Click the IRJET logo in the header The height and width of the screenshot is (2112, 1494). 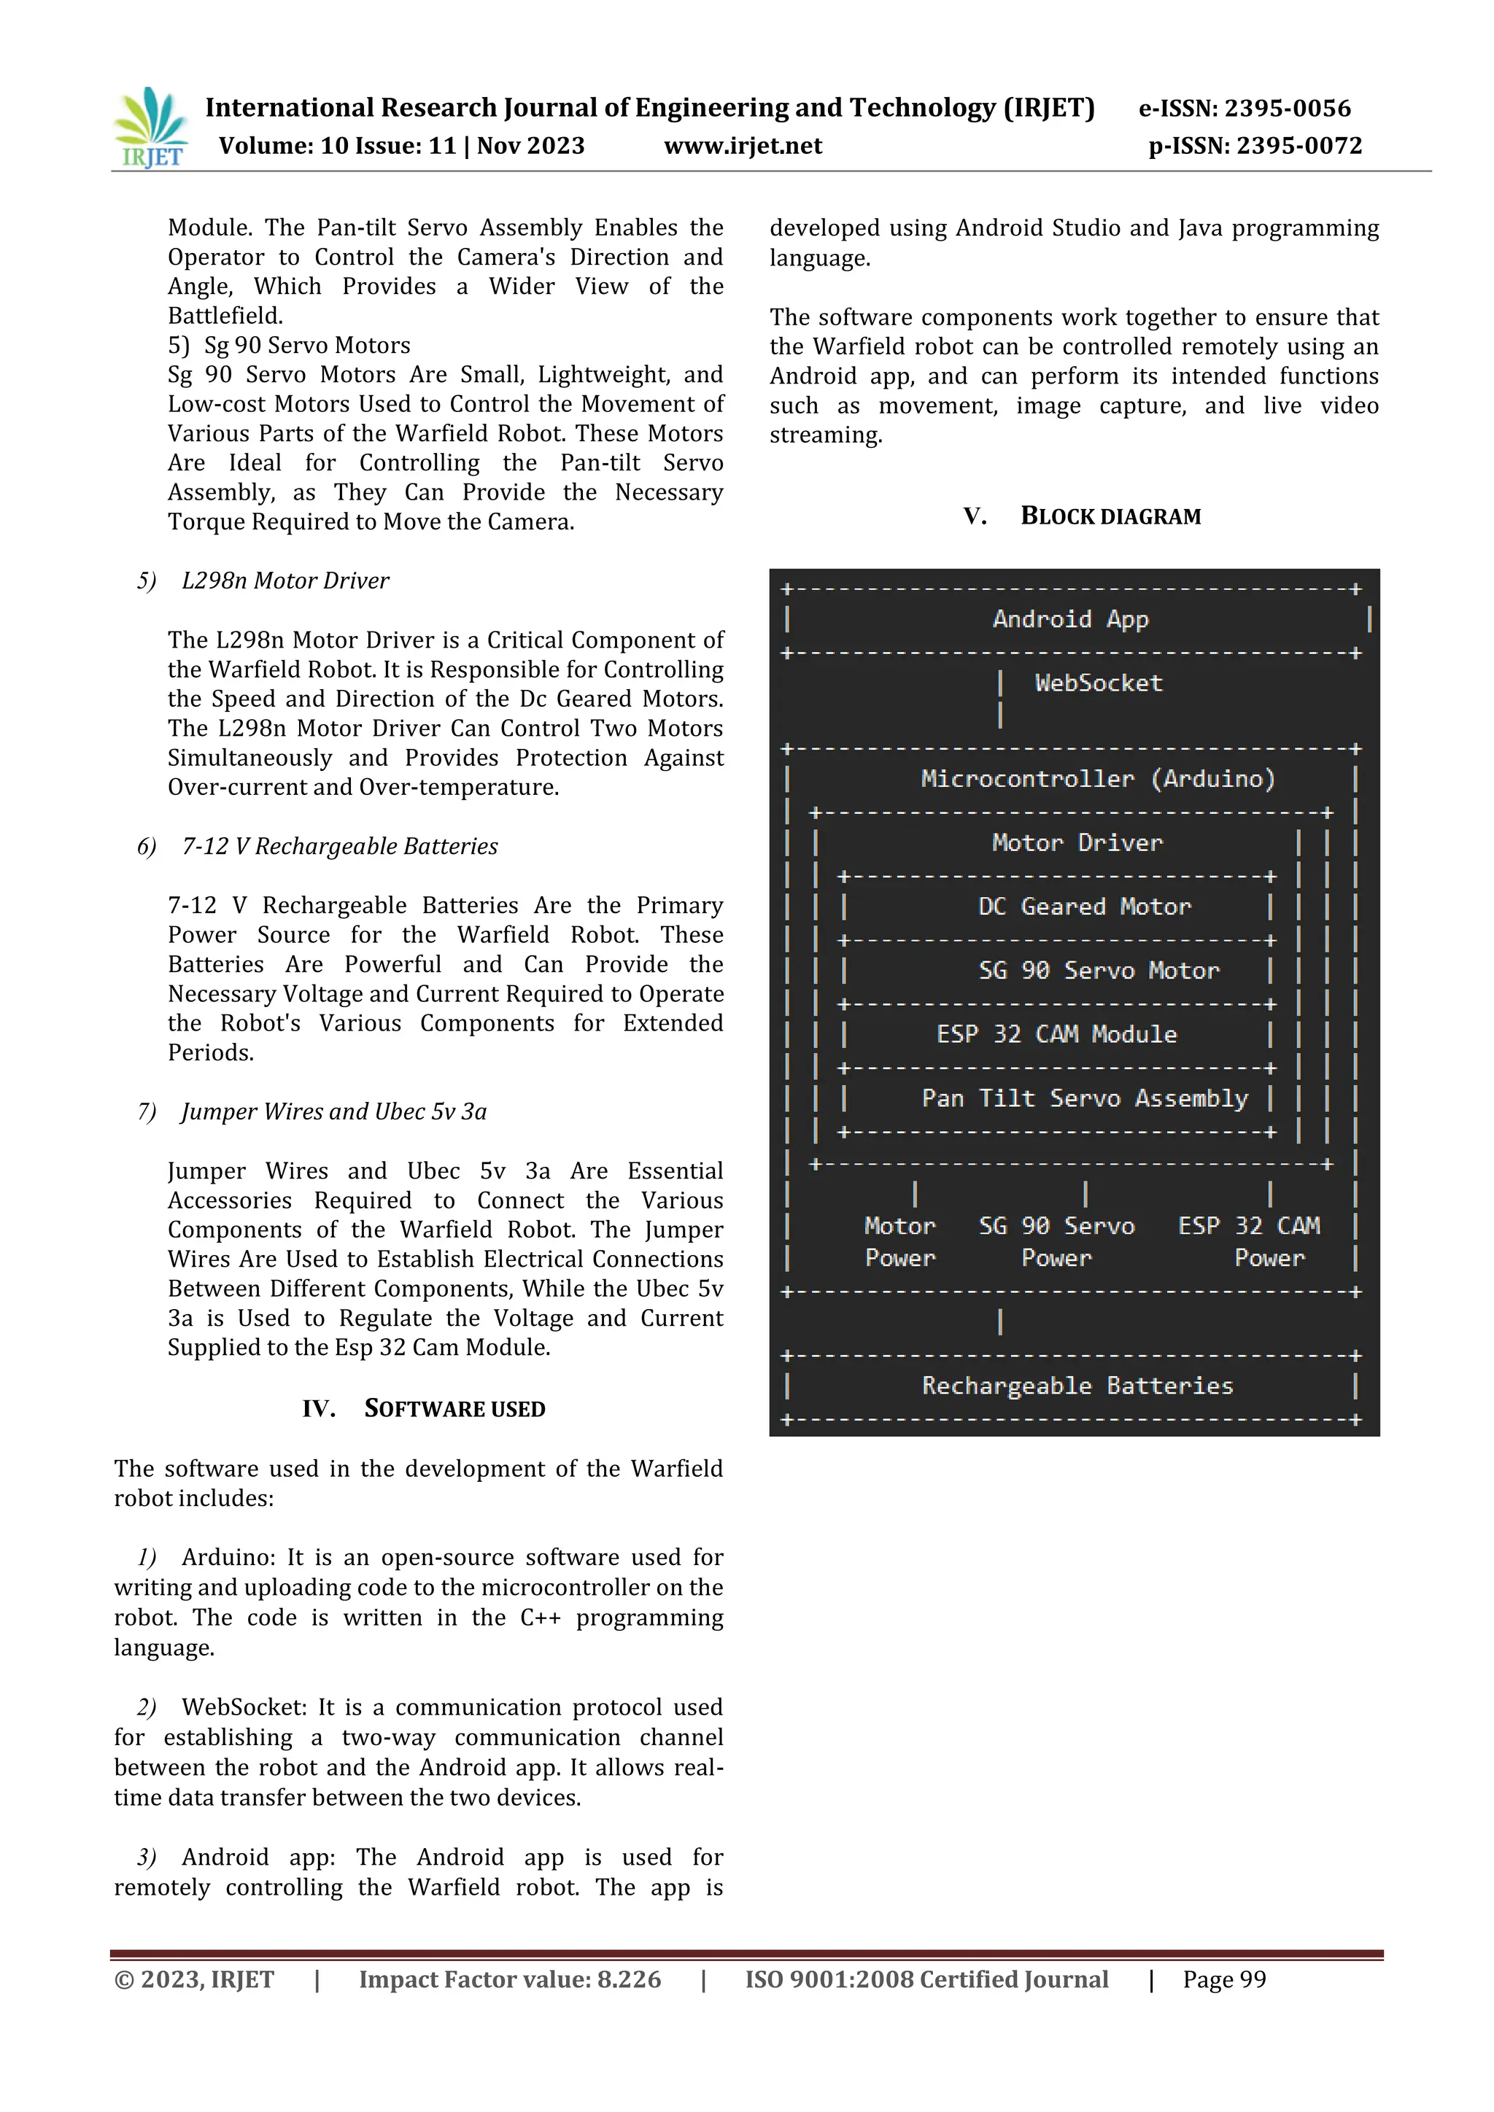click(x=150, y=127)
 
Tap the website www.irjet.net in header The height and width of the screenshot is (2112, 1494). click(x=743, y=145)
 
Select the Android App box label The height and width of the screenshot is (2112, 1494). click(x=1070, y=619)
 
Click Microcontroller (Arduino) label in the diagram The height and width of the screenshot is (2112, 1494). click(x=1097, y=779)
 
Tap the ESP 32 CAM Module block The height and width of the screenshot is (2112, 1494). click(x=1056, y=1035)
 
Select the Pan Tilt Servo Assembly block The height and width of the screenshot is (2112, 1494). click(x=1084, y=1098)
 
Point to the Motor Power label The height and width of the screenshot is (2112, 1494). click(x=899, y=1242)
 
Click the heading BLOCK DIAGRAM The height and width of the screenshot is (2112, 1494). click(x=1110, y=516)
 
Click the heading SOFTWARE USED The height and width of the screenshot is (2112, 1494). click(x=454, y=1408)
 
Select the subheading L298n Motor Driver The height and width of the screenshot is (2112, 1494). click(x=285, y=581)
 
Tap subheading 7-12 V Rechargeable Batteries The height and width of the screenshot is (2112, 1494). click(x=339, y=846)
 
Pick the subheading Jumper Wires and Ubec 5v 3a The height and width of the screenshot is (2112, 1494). click(x=333, y=1111)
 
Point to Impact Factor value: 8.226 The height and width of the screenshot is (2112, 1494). click(x=510, y=1979)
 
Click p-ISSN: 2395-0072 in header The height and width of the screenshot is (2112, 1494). click(x=1255, y=145)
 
